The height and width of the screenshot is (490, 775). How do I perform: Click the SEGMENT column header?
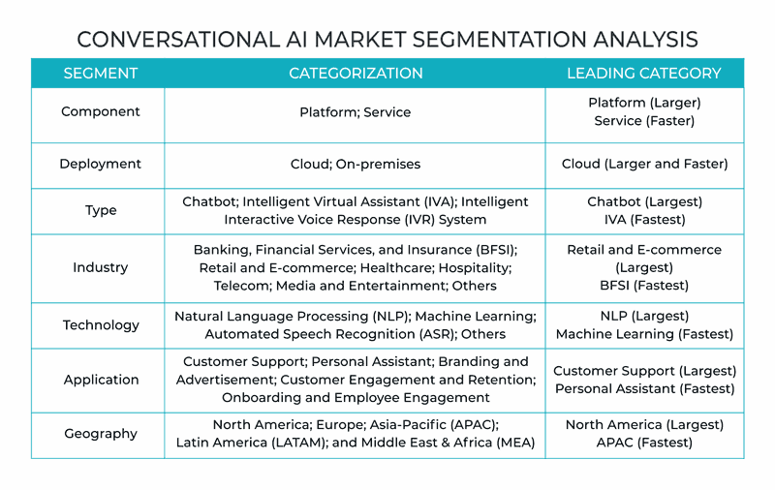[x=101, y=73]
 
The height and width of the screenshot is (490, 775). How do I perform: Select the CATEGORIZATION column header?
[x=356, y=73]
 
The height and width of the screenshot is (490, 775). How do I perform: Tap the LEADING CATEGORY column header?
[x=644, y=73]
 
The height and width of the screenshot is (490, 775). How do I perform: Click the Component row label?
[x=101, y=112]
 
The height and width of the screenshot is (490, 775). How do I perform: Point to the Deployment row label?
[x=101, y=164]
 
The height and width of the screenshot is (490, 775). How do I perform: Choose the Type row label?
[x=101, y=210]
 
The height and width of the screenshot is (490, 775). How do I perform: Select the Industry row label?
[x=101, y=267]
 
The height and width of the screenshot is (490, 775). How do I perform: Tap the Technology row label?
[x=101, y=325]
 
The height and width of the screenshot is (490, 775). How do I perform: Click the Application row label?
[x=101, y=380]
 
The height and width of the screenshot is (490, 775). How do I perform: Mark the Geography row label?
[x=101, y=434]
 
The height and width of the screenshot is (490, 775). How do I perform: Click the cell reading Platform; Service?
[x=355, y=112]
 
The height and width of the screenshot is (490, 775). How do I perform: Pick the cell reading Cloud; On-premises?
[x=355, y=164]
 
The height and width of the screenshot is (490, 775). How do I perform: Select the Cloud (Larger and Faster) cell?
[x=644, y=164]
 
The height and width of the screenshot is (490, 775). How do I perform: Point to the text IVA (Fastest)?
[x=644, y=219]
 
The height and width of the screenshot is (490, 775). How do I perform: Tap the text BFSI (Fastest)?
[x=644, y=286]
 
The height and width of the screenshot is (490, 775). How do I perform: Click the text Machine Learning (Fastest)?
[x=644, y=334]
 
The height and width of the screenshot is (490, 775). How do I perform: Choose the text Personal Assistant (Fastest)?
[x=644, y=388]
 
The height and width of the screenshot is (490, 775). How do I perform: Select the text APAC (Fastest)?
[x=644, y=443]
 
